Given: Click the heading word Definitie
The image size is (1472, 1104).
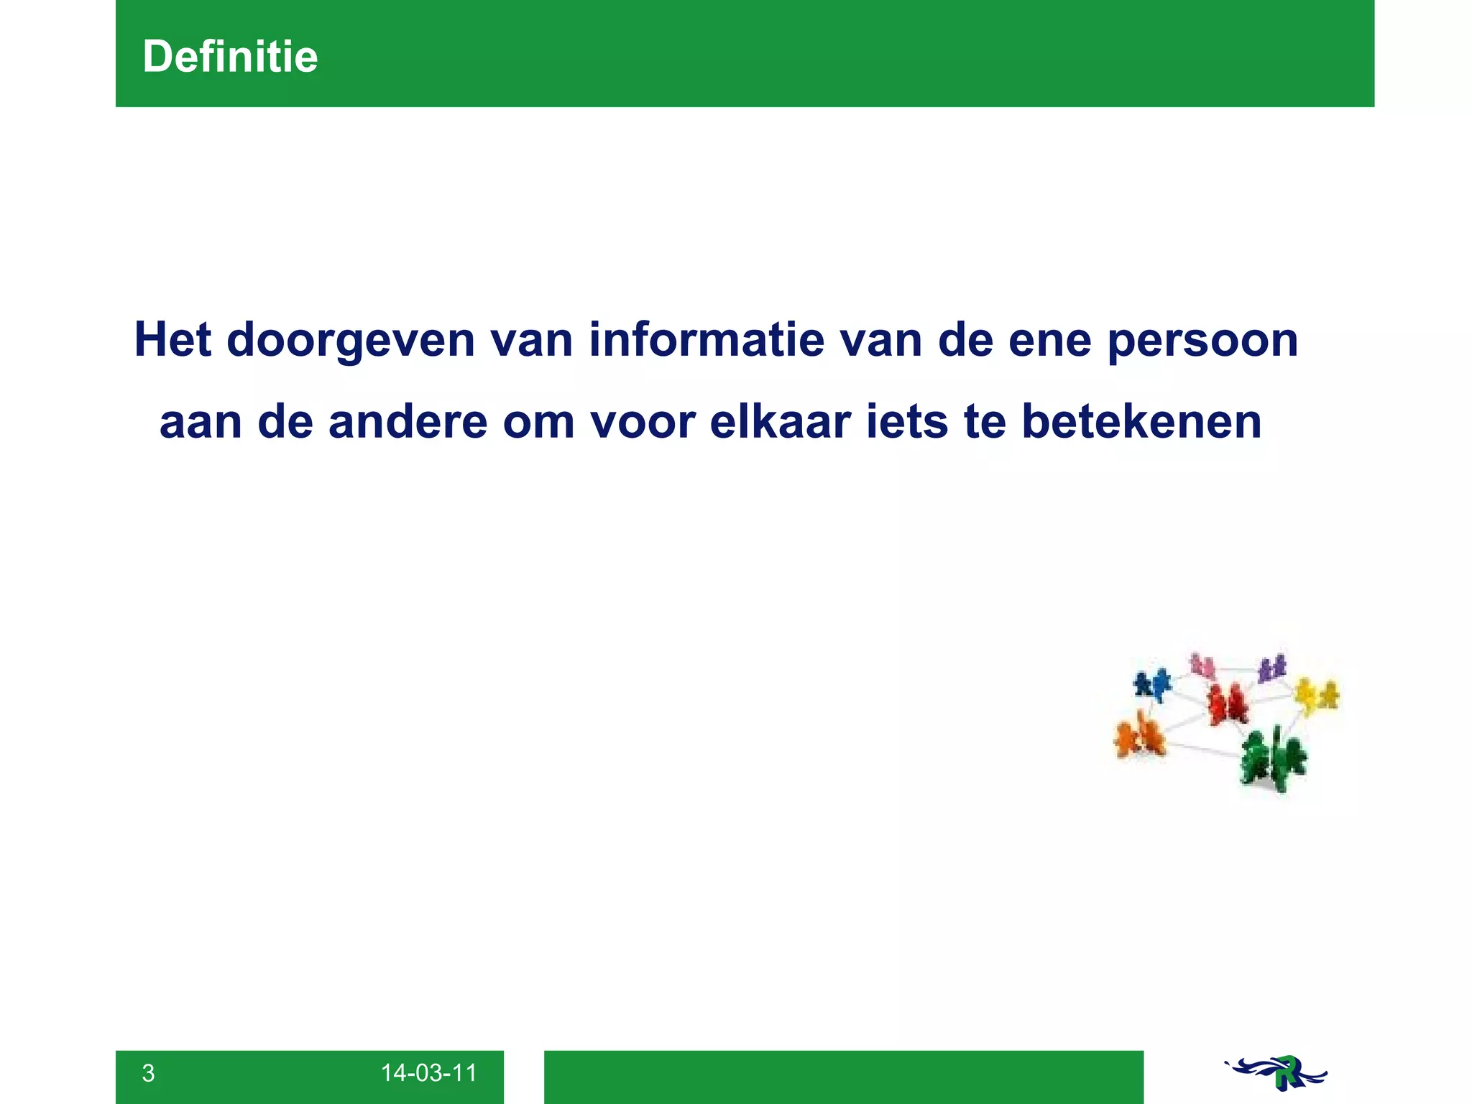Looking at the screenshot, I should point(230,57).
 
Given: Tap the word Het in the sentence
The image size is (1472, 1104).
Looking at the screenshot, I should point(172,339).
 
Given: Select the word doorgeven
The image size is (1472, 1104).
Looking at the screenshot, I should point(351,341).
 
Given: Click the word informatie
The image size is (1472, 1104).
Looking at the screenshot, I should point(707,339).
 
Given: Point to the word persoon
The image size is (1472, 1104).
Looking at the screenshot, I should point(1202,341).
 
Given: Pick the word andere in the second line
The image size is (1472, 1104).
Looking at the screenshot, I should point(408,422).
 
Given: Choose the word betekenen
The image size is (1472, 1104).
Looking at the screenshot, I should point(1141,422).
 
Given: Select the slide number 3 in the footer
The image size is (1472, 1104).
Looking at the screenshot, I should point(148,1073).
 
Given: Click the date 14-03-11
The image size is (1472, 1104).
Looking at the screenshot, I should point(428,1073).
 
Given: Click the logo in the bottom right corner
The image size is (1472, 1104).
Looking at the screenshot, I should point(1276,1073).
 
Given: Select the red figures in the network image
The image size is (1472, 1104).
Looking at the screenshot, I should point(1228,703).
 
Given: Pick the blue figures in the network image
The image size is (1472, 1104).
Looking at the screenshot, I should point(1152,684).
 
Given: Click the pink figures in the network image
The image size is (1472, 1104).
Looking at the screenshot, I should point(1202,666).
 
